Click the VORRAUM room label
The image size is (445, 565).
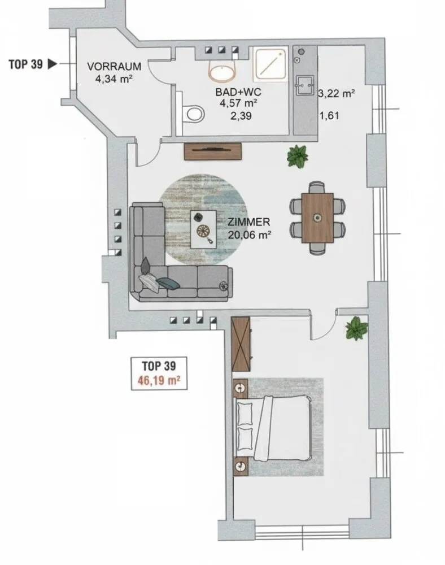click(x=114, y=67)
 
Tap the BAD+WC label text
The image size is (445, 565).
click(x=238, y=92)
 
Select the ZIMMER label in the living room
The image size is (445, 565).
click(x=249, y=222)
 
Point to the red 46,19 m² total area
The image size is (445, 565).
click(x=159, y=380)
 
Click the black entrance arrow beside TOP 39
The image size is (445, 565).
click(x=53, y=64)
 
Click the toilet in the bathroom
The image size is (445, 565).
click(x=194, y=114)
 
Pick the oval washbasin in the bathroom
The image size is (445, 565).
click(x=222, y=73)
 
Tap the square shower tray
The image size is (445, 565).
click(x=271, y=64)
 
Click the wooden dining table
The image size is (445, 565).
click(x=317, y=218)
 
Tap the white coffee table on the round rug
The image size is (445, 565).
click(x=203, y=229)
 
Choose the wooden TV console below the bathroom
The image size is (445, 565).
click(x=212, y=151)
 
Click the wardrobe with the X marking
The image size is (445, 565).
click(x=241, y=344)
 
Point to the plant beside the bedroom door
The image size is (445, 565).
click(x=356, y=328)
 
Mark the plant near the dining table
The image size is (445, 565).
click(x=298, y=156)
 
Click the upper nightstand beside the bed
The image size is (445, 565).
click(x=240, y=388)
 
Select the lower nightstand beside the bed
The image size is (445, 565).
click(x=240, y=467)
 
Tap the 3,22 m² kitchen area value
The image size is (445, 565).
click(x=337, y=94)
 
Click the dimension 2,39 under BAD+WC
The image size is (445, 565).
click(x=241, y=116)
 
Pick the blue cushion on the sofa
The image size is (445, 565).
click(x=168, y=283)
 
